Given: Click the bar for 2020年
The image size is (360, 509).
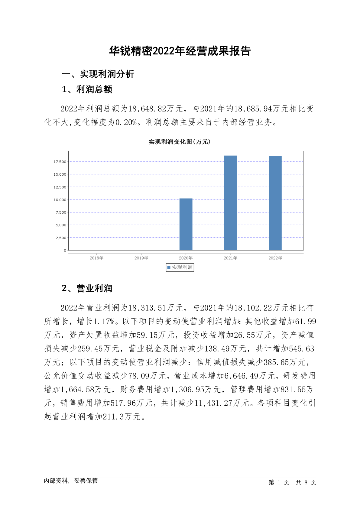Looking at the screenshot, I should (x=186, y=224).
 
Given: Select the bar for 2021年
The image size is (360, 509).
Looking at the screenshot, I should (x=230, y=203).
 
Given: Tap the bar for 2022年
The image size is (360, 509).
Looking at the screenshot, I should (x=275, y=203).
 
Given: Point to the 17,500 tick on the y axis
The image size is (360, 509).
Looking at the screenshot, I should (x=60, y=162).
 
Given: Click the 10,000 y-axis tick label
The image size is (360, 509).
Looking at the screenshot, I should (x=60, y=200).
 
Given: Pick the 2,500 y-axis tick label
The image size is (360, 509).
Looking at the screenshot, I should (x=61, y=238).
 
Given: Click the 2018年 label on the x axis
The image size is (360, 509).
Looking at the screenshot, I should (x=96, y=258).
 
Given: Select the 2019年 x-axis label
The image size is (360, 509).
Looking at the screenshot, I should (x=141, y=258).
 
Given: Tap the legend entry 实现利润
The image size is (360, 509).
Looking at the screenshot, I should (x=180, y=267).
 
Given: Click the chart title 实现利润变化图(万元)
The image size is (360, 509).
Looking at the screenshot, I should (x=180, y=142).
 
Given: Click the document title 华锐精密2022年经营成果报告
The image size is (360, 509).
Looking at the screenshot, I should (x=180, y=51).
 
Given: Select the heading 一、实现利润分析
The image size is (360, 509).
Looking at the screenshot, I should (x=98, y=74).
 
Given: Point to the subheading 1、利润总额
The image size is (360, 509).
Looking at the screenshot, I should (x=87, y=89).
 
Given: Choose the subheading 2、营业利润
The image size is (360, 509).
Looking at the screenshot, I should (x=87, y=289).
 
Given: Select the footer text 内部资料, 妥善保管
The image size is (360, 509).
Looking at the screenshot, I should (x=71, y=481).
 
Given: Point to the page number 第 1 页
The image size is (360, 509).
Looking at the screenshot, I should (x=279, y=482).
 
